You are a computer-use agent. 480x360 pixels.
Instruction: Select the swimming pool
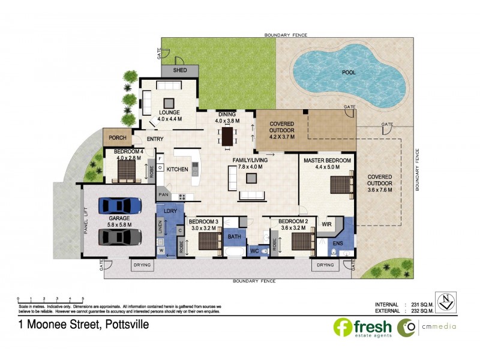347,74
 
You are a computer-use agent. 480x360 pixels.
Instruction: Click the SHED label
180,70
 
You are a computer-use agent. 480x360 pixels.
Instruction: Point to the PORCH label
117,137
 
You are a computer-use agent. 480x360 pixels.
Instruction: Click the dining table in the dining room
227,136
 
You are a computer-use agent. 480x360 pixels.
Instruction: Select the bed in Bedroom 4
127,172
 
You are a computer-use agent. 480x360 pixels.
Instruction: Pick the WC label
254,250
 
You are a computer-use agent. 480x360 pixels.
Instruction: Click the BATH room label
234,237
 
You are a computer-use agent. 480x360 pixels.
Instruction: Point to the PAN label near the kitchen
163,195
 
